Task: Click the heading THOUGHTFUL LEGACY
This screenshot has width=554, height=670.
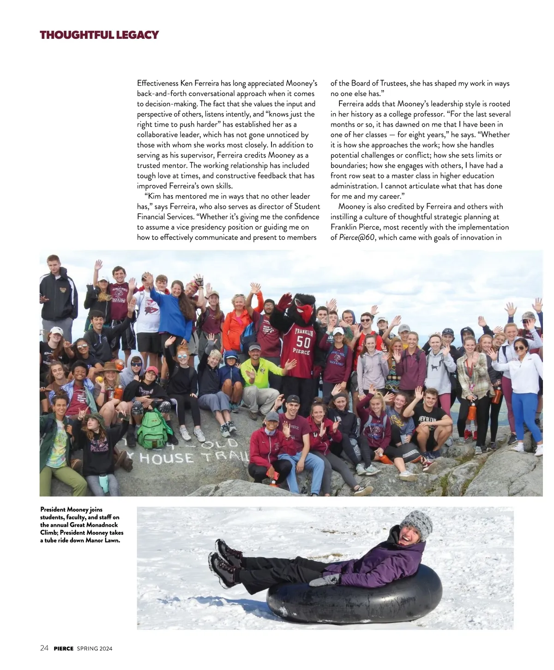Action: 99,35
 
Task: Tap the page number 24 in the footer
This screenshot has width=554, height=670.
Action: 44,648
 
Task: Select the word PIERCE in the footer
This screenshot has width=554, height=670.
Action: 64,648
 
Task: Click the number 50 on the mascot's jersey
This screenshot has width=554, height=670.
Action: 303,342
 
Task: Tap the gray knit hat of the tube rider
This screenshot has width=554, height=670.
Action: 416,524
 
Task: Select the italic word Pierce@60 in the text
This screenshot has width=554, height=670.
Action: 357,238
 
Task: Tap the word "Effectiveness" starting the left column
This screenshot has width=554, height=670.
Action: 157,84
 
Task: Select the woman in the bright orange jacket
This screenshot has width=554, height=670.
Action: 237,323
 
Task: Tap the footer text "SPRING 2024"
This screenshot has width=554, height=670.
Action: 95,648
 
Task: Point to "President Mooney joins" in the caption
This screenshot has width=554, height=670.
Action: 71,510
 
